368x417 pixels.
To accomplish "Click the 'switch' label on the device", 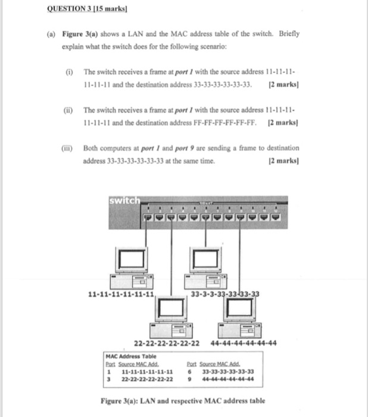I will (123, 201).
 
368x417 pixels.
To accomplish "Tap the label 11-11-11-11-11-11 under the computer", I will (121, 294).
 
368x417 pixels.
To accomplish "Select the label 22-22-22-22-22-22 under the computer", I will (166, 343).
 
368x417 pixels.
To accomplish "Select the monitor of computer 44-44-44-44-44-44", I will (242, 308).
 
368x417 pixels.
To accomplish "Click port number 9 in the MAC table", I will (189, 378).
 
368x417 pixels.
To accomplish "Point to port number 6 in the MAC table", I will (189, 371).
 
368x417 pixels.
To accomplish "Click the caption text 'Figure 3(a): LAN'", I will (142, 401).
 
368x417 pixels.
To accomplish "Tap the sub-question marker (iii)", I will (69, 148).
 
